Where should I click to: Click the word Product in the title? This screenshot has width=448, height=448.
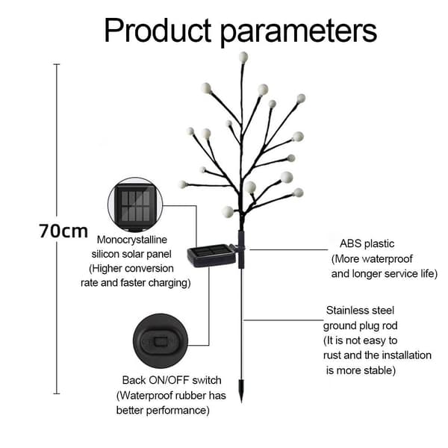coord(158,31)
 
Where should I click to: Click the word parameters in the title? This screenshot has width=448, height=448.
coord(299,33)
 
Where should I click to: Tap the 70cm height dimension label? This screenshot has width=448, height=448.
coord(63,231)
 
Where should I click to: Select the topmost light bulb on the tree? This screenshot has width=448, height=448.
coord(243,57)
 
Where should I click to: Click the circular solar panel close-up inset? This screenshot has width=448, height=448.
coord(135,205)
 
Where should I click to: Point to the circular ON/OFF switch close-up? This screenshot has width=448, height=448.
coord(161,341)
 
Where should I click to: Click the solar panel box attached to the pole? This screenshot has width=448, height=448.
coord(212,255)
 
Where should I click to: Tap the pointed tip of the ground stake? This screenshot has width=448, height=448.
coord(242,402)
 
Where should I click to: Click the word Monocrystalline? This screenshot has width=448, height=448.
coord(132,240)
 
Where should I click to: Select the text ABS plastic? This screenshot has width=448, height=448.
coord(367,243)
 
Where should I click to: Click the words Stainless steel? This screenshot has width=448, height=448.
coord(360,311)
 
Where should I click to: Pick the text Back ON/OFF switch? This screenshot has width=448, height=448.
coord(172,380)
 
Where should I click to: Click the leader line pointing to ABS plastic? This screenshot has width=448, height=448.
coord(288,249)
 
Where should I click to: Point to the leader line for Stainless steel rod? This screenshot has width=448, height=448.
coord(283,320)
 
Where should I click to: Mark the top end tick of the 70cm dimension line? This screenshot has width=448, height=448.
coord(57,64)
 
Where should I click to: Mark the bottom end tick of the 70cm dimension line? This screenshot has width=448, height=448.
coord(57,393)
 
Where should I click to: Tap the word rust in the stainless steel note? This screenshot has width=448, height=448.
coord(332,355)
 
